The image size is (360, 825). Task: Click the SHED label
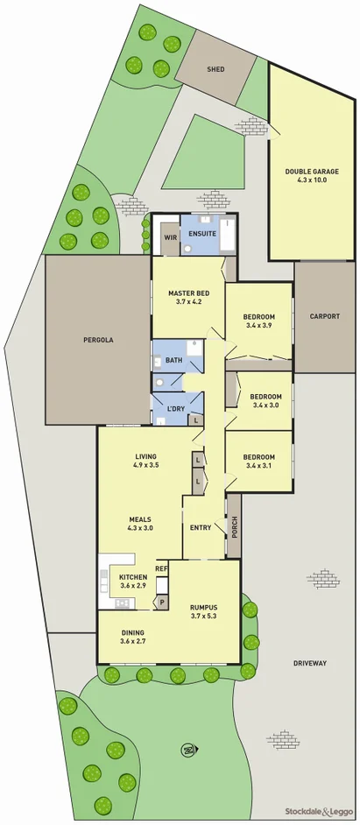(215, 69)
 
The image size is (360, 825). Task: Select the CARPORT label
(324, 316)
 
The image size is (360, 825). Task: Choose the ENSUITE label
(202, 235)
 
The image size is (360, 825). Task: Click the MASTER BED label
(188, 293)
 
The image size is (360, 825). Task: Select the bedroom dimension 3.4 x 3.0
(258, 405)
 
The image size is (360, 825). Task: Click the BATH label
(174, 360)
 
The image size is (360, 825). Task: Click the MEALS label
(140, 517)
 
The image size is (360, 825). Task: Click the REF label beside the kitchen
(161, 568)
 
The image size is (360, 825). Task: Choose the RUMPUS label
(201, 607)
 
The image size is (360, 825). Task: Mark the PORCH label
(233, 527)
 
